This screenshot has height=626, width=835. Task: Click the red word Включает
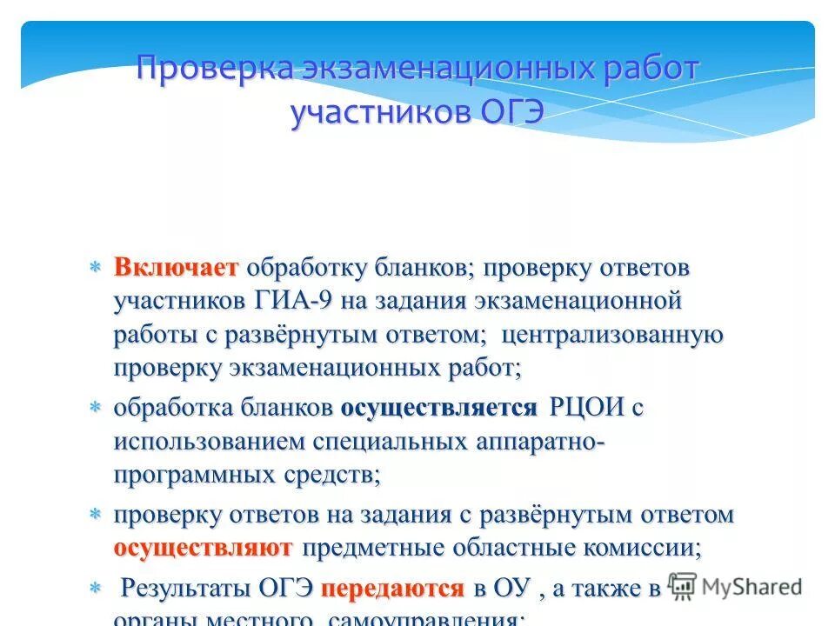click(176, 268)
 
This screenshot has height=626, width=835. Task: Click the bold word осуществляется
click(438, 408)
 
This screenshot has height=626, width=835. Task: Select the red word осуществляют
click(203, 548)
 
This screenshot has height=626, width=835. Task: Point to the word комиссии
click(645, 548)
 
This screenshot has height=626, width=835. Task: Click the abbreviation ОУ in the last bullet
click(511, 588)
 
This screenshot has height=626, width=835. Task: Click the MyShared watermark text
click(751, 587)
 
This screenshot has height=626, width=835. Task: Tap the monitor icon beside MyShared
click(683, 587)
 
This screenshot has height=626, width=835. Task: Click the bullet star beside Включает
click(97, 268)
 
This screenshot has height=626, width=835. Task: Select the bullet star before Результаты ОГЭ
click(97, 589)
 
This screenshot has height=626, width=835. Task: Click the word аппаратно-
click(539, 441)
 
